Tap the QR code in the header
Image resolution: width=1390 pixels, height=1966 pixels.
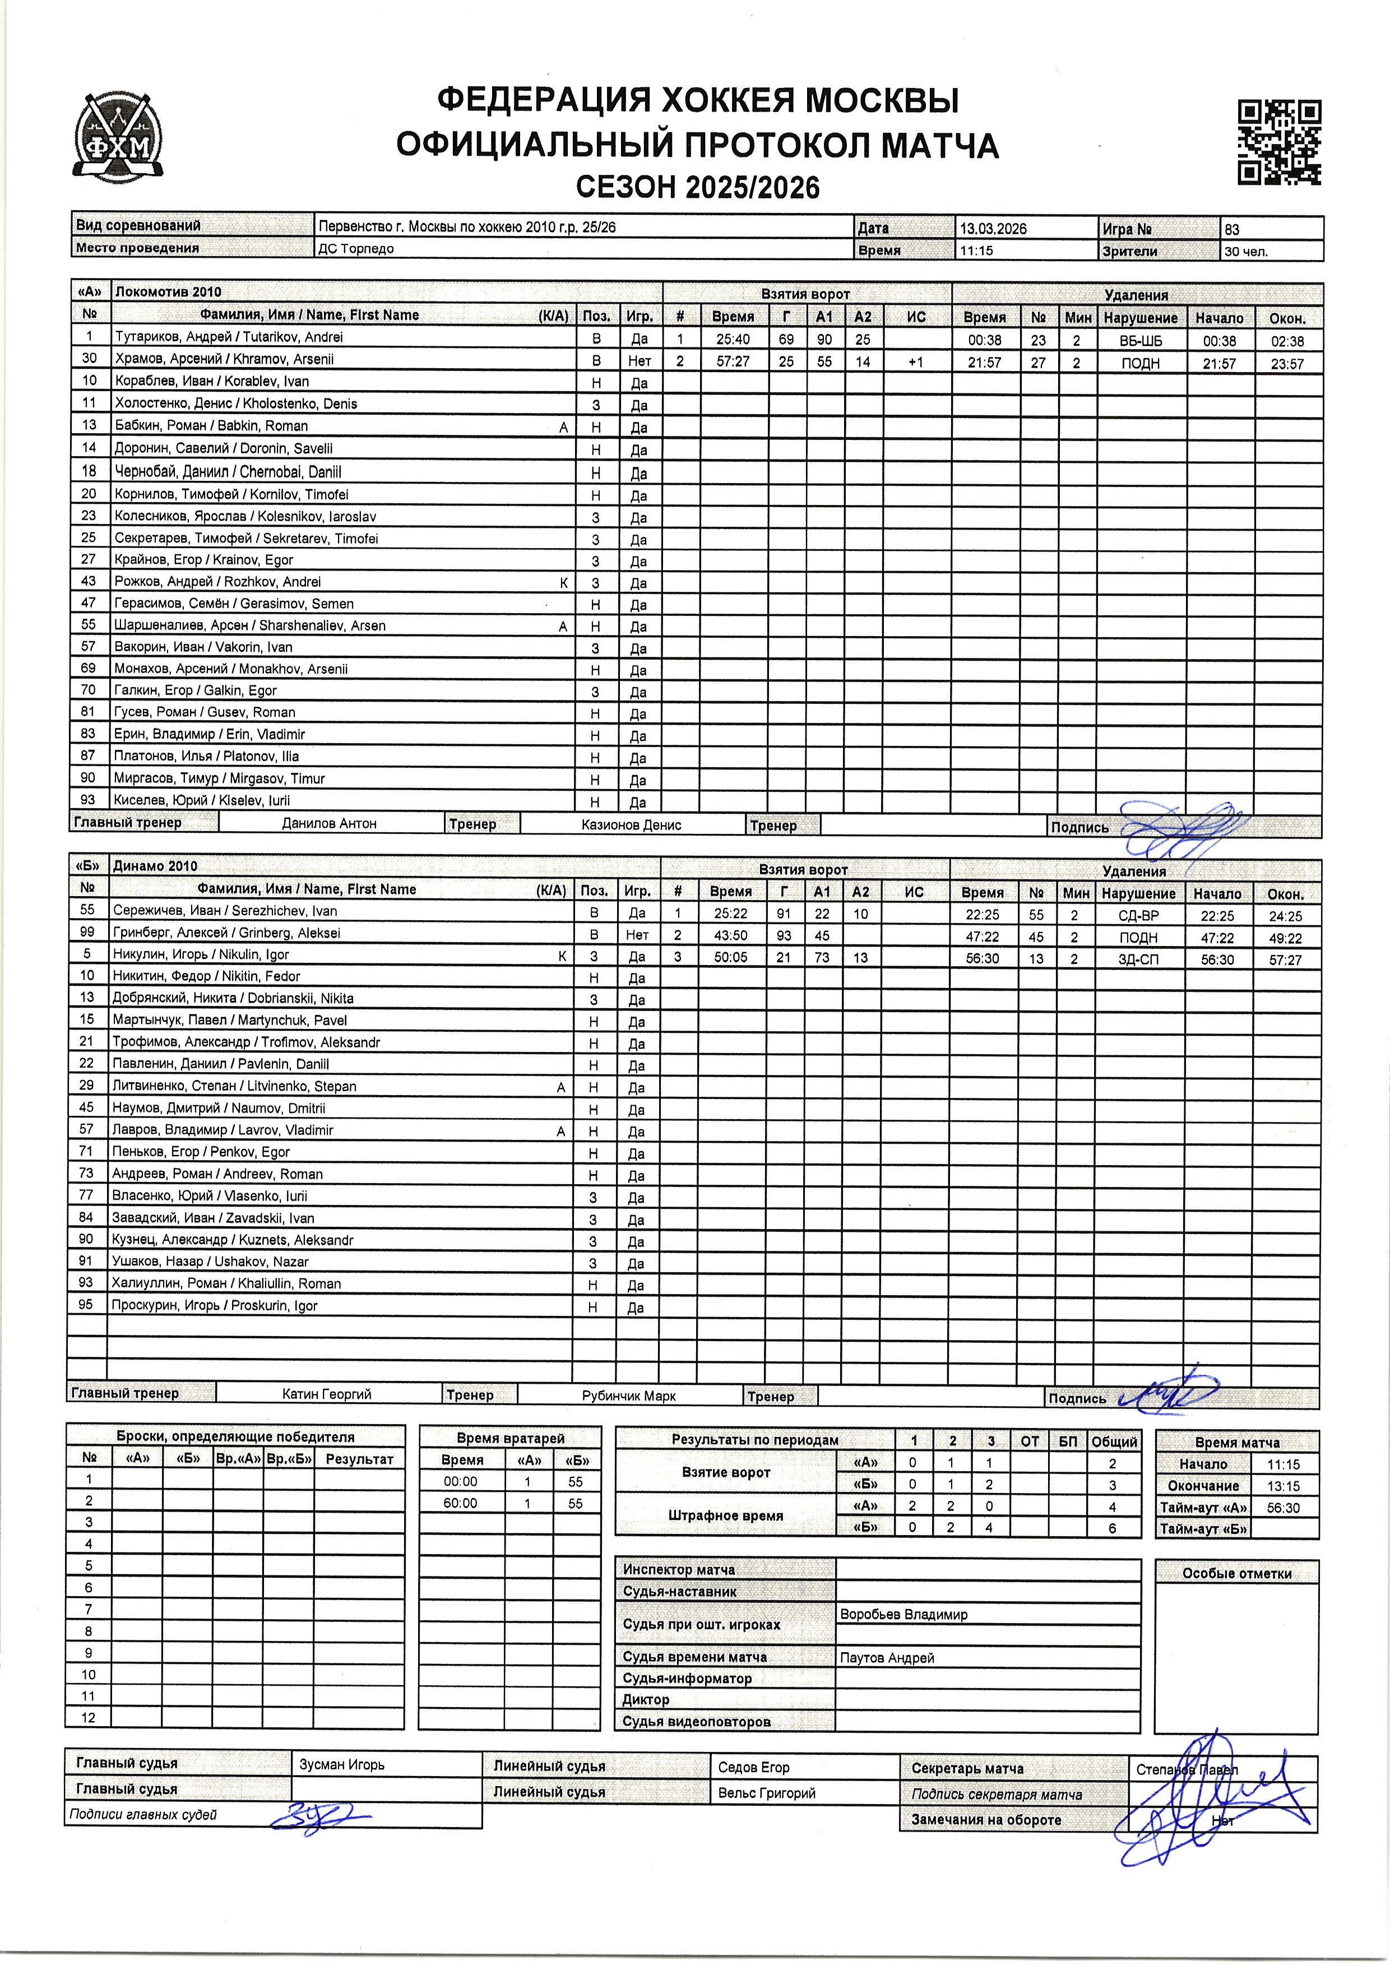[x=1278, y=142]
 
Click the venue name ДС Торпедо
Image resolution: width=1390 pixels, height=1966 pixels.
[x=356, y=249]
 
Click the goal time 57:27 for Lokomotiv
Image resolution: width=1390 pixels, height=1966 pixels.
[x=732, y=362]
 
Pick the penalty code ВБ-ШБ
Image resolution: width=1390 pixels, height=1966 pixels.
[x=1140, y=341]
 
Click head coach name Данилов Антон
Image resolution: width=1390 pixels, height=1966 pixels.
[x=329, y=824]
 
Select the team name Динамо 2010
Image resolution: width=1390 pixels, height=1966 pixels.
[x=155, y=866]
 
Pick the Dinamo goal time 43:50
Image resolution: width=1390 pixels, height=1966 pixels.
[x=730, y=936]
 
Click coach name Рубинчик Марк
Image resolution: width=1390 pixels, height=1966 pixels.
[x=629, y=1395]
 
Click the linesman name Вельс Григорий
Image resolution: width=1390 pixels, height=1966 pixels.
[x=767, y=1793]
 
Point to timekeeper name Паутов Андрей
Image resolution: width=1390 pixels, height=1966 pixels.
[x=887, y=1658]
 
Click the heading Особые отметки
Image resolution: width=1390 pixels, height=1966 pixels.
[x=1236, y=1573]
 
